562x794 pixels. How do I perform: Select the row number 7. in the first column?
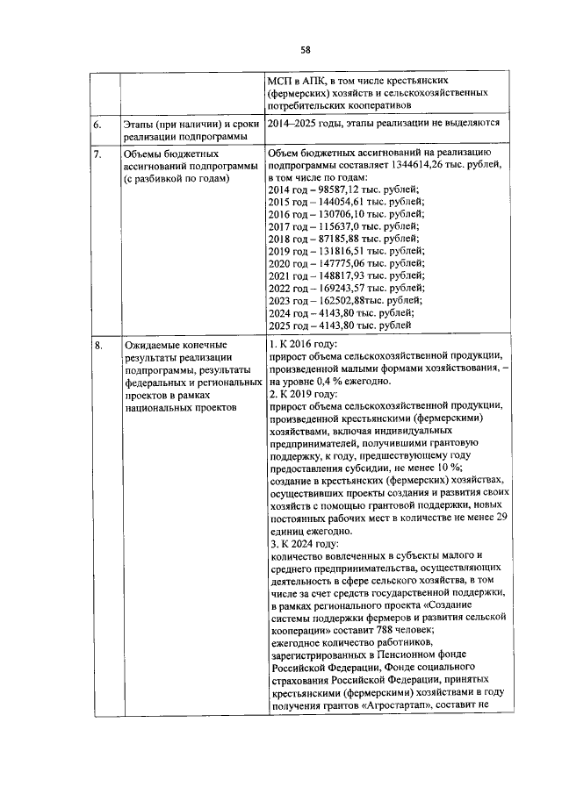coord(98,154)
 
